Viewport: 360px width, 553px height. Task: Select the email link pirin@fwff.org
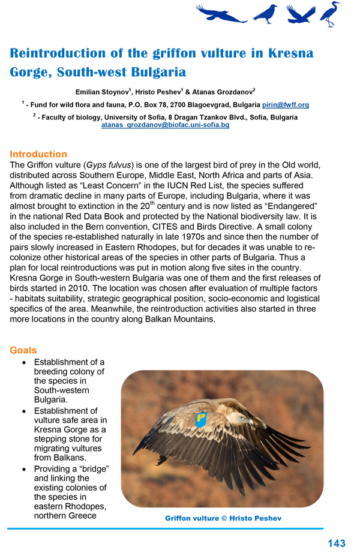(286, 104)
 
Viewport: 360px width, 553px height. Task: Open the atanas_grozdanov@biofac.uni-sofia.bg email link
(165, 125)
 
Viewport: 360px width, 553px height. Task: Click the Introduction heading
(38, 154)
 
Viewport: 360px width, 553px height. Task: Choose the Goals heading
(23, 350)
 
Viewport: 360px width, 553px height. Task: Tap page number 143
(337, 543)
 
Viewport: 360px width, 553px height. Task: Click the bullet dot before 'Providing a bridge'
(23, 468)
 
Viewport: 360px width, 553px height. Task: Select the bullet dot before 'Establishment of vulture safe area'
(23, 411)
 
